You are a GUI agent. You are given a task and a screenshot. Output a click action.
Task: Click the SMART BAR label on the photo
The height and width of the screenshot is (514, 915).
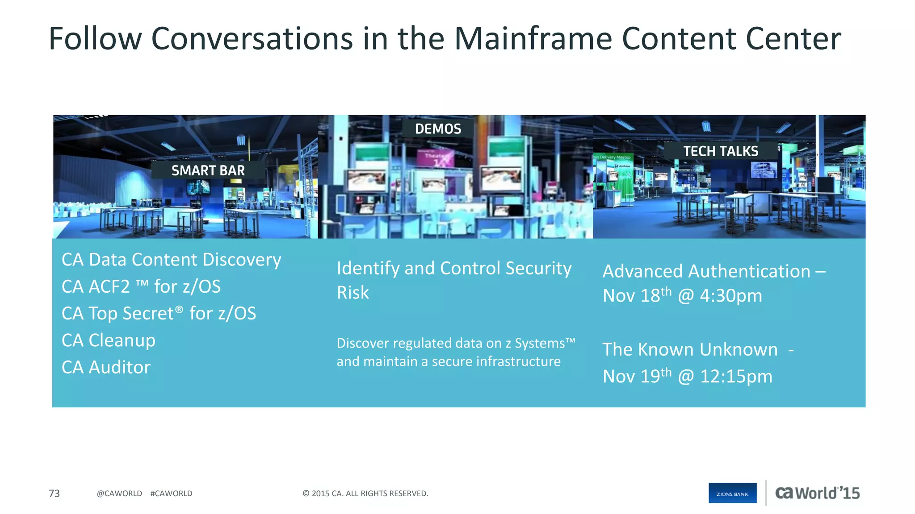point(208,170)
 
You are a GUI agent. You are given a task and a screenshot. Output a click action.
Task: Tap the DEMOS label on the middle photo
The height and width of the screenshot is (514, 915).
point(438,129)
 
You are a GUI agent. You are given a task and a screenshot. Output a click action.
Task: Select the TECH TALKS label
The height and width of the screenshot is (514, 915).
point(721,151)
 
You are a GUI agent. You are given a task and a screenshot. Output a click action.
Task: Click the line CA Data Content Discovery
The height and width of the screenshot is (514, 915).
point(171,260)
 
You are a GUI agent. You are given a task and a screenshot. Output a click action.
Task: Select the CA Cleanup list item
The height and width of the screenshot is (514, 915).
point(109,340)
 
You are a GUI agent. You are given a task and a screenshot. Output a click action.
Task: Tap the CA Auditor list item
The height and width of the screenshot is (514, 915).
point(106,367)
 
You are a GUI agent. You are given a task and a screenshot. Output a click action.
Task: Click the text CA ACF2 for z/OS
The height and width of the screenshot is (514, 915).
point(141,286)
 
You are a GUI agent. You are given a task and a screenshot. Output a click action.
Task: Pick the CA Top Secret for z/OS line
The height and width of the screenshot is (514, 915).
point(159,314)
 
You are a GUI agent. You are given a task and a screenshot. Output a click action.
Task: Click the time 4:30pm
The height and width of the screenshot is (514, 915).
point(730,296)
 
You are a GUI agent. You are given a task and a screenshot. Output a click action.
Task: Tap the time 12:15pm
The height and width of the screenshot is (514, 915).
point(736,377)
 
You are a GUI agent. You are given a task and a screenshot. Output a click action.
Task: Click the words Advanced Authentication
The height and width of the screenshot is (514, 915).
point(706,271)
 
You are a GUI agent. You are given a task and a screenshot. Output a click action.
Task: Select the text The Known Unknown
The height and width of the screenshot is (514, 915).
point(690,349)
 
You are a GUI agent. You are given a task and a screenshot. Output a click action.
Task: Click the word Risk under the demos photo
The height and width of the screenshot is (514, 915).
point(353,293)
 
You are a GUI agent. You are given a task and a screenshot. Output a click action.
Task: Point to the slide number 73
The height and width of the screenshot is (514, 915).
point(54,493)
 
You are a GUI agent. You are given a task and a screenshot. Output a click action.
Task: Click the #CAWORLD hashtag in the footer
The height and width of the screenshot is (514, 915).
point(171,493)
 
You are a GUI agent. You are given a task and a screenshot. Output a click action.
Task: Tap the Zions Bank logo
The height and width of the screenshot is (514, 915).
point(732,493)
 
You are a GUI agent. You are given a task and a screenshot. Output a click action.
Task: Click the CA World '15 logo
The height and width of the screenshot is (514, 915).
point(817,493)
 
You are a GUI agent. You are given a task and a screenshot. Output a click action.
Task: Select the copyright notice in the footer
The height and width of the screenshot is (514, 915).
point(365,493)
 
